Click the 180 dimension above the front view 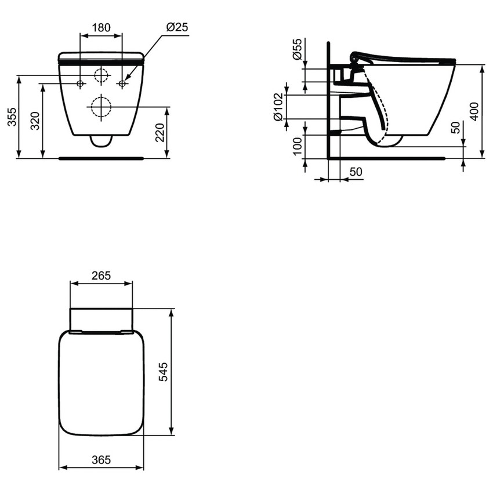coord(101,27)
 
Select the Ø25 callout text coord(176,27)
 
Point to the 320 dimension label coord(35,120)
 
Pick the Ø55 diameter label coord(297,50)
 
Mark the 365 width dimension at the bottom coord(101,460)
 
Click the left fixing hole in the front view coord(80,84)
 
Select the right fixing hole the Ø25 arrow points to coord(122,84)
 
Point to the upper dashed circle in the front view coord(101,76)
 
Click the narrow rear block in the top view coord(101,320)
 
